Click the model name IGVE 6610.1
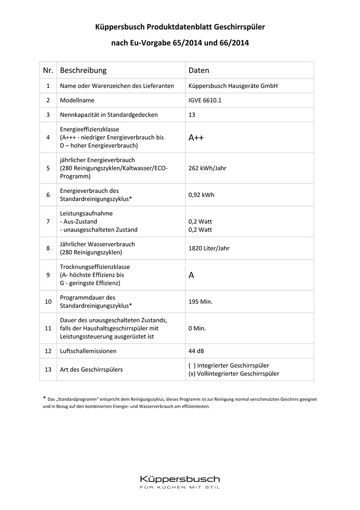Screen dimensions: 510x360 (205, 100)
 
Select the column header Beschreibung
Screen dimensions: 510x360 (83, 70)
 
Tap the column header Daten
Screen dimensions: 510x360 (199, 70)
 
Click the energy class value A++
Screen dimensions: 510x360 (196, 138)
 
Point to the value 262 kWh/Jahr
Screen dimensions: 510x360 (210, 168)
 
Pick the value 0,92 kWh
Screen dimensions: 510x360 (202, 195)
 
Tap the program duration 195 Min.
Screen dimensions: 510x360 (200, 301)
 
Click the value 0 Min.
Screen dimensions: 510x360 (197, 328)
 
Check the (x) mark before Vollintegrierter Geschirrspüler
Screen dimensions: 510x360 (192, 374)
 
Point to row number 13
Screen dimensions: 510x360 (48, 370)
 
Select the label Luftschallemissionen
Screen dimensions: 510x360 (88, 351)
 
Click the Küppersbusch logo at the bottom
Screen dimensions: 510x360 (180, 479)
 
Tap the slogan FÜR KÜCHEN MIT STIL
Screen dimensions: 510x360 (180, 489)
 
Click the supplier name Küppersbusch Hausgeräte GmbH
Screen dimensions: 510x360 (233, 86)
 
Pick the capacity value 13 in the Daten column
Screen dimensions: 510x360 (192, 115)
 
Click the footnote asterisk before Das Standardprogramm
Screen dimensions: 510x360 (44, 398)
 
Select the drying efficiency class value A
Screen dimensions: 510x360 (191, 275)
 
